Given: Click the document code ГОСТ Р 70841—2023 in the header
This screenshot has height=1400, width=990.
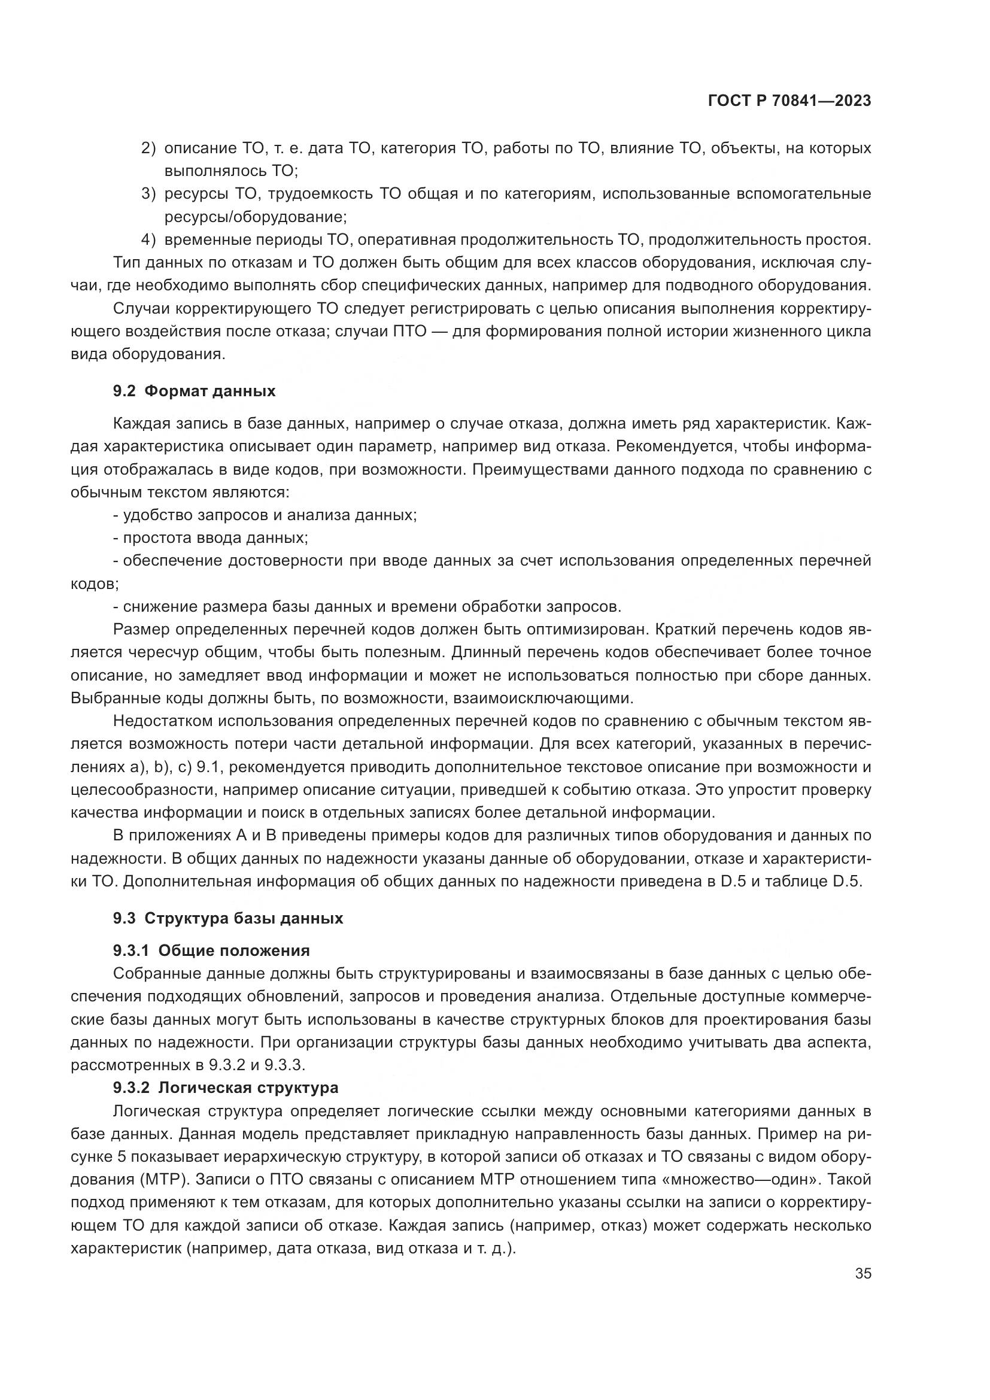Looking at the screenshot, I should [789, 101].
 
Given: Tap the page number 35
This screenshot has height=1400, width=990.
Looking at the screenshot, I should [863, 1273].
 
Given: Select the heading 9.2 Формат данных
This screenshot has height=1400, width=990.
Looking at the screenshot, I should [194, 391].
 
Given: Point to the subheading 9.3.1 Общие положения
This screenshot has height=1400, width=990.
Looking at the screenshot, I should [211, 950].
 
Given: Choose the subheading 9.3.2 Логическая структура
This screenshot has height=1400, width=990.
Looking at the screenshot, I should [225, 1088].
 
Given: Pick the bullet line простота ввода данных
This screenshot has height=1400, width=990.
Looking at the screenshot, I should [210, 538].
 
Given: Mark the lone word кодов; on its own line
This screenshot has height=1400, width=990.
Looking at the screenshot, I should [95, 584].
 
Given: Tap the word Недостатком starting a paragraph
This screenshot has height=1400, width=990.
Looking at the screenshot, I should [162, 721].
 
